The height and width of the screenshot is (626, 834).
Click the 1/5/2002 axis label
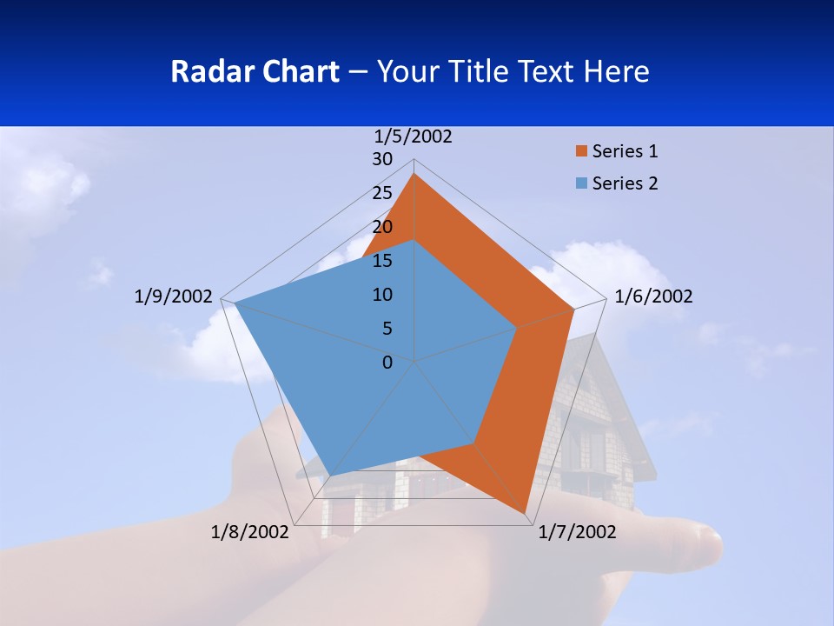pos(413,137)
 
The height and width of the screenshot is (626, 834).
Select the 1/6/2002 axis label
pos(653,296)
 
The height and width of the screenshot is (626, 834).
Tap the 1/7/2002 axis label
pos(577,532)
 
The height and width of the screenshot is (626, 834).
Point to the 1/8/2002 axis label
pos(249,532)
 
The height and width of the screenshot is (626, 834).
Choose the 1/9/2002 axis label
pos(173,296)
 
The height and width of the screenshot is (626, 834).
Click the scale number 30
pos(382,159)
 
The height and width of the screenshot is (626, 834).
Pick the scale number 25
pos(382,193)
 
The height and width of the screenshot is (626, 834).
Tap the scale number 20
pos(382,227)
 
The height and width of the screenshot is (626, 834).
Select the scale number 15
pos(382,261)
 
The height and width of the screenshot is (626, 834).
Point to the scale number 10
pos(382,295)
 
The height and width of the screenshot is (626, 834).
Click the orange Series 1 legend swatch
pos(581,151)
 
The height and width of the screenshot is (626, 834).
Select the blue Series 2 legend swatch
pos(581,183)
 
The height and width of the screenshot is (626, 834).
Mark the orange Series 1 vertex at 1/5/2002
pos(414,174)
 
